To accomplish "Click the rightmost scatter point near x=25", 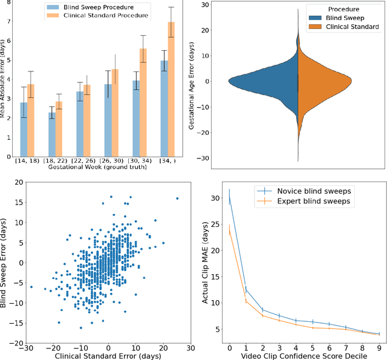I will pyautogui.click(x=177, y=198).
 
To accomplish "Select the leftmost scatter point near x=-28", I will pyautogui.click(x=31, y=287).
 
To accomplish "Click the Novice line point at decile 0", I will pyautogui.click(x=229, y=197).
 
